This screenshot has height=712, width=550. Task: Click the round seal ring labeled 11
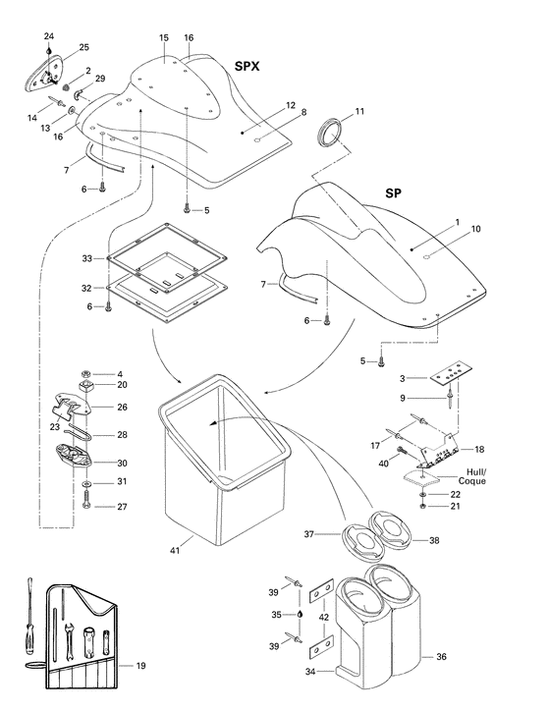pos(331,132)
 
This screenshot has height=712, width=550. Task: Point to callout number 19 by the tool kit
pos(141,666)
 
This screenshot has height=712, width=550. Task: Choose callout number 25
pos(83,47)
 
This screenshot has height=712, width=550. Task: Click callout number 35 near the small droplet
pos(278,614)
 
